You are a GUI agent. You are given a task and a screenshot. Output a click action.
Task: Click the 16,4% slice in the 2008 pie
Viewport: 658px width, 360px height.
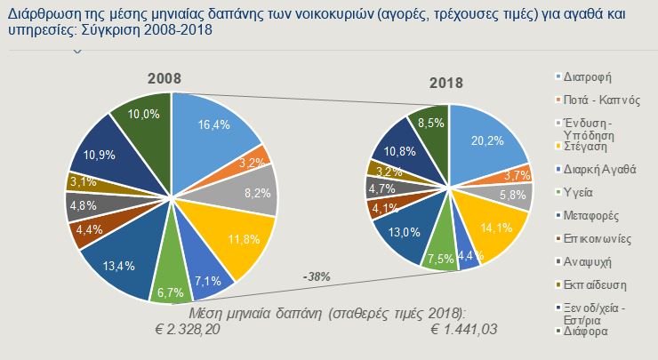[x=209, y=129]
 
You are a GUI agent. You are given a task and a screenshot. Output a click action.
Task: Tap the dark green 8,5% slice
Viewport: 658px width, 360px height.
[x=433, y=127]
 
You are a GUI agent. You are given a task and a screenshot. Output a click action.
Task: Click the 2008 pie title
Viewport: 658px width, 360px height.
[x=165, y=79]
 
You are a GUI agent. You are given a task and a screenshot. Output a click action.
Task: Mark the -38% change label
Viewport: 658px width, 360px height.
[x=316, y=276]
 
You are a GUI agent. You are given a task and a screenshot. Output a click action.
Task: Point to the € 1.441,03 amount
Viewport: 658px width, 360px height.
[x=465, y=329]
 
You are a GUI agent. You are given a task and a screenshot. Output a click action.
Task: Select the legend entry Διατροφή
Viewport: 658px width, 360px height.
[x=589, y=76]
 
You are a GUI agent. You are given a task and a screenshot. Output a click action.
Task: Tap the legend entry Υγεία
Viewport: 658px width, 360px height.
[x=581, y=191]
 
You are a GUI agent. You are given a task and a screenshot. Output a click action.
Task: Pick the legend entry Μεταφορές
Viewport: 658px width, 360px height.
[x=592, y=215]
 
